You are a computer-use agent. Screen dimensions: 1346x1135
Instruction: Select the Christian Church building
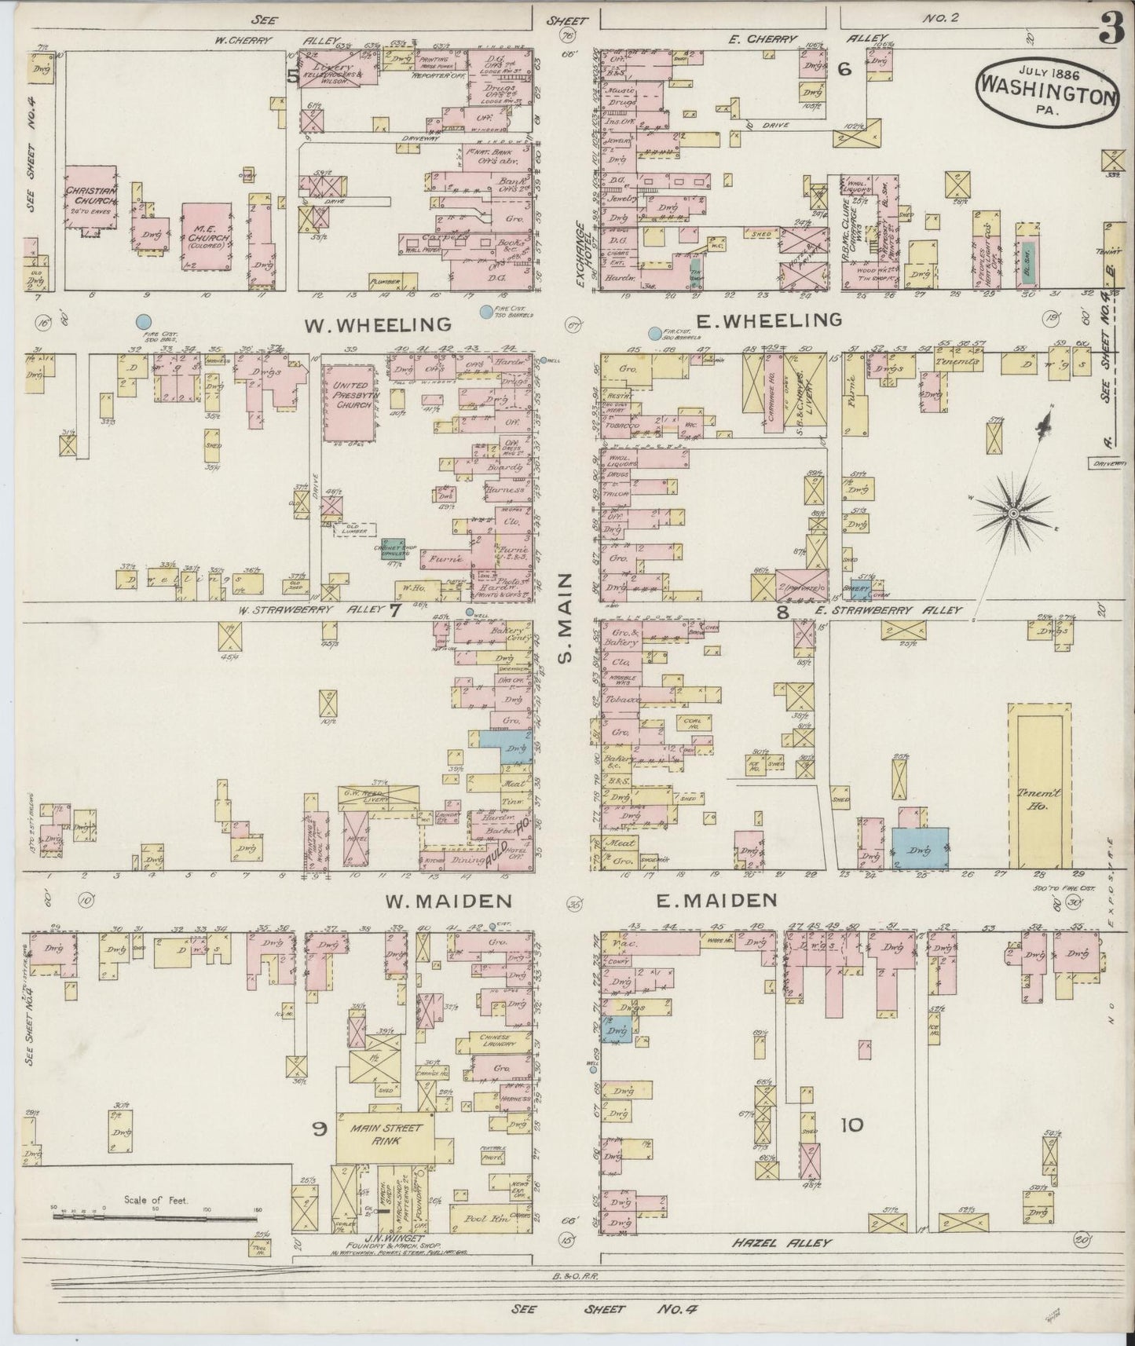(x=91, y=199)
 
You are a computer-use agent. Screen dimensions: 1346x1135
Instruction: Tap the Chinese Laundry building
(x=496, y=1041)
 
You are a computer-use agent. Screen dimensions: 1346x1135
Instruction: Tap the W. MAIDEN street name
(x=448, y=901)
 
